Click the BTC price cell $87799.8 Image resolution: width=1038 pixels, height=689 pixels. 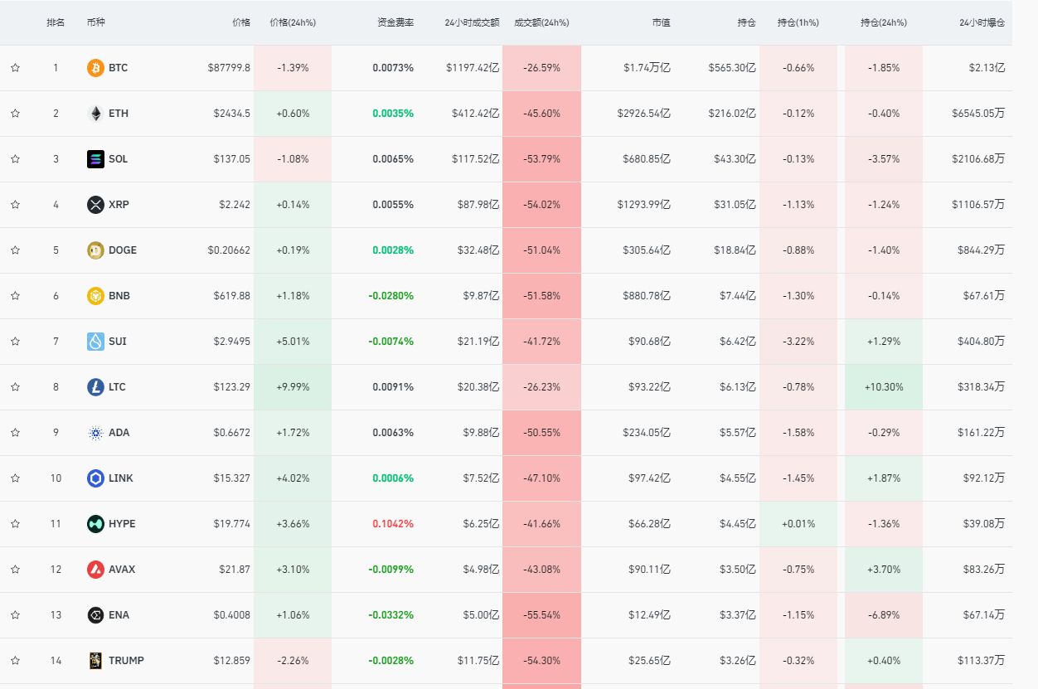click(229, 68)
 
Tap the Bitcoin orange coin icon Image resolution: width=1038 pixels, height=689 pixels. click(95, 68)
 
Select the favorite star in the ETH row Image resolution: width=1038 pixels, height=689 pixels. click(15, 114)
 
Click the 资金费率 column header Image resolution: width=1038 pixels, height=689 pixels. click(395, 22)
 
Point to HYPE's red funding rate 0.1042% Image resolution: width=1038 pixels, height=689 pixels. click(393, 524)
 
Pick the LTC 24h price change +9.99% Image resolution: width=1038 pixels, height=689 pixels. click(293, 387)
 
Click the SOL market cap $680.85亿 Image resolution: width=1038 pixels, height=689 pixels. click(647, 159)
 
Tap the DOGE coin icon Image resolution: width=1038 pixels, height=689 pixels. click(95, 250)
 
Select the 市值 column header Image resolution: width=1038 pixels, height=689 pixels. click(661, 22)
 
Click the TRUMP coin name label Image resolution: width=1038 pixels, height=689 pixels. click(126, 661)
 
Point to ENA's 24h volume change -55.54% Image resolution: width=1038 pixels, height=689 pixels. click(541, 615)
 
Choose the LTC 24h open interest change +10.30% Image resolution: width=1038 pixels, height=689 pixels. click(883, 387)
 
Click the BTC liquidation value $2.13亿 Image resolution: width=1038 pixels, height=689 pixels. click(987, 68)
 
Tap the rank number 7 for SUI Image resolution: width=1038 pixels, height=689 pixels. click(56, 342)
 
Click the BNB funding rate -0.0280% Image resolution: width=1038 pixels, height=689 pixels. click(391, 296)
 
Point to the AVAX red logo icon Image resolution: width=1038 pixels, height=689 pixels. click(95, 570)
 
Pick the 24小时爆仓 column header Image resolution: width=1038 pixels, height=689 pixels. click(982, 22)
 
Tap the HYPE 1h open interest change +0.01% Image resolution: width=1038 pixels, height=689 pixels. click(798, 524)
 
